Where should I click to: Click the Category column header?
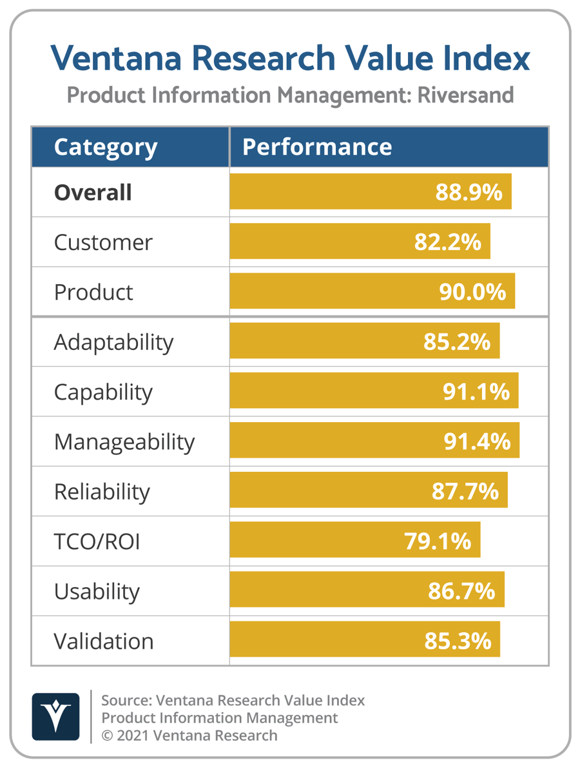point(105,147)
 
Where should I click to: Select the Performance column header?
point(316,147)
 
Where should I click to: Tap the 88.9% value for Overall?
point(469,192)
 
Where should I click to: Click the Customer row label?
point(103,242)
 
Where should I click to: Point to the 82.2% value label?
point(447,242)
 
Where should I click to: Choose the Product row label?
point(93,292)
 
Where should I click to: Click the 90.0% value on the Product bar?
point(472,292)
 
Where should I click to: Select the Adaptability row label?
point(113,342)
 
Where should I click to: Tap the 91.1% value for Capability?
point(476,392)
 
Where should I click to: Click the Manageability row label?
point(124,442)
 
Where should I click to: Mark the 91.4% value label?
point(477,442)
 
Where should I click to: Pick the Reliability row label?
point(102,492)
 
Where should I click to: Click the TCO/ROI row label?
point(97,542)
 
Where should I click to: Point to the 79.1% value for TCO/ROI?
point(438,542)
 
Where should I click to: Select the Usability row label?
point(97,592)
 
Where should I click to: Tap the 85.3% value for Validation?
point(458,641)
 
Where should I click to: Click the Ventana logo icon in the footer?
point(55,716)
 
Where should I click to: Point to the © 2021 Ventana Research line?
point(189,735)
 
